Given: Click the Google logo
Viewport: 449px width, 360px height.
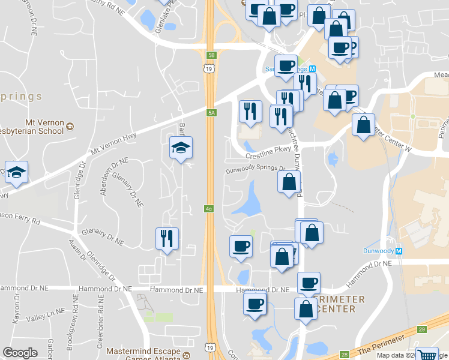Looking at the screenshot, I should point(20,352).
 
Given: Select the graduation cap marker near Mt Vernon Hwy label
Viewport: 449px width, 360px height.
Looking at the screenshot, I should point(181,148).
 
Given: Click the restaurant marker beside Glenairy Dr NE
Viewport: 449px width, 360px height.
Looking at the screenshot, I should point(167,238).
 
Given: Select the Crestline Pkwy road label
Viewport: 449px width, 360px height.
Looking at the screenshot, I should point(268,154).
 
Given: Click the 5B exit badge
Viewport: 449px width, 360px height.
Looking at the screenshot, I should point(211,55).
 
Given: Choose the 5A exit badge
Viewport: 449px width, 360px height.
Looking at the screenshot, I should point(211,112).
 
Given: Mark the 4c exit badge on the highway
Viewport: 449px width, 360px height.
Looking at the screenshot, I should point(209,209).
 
